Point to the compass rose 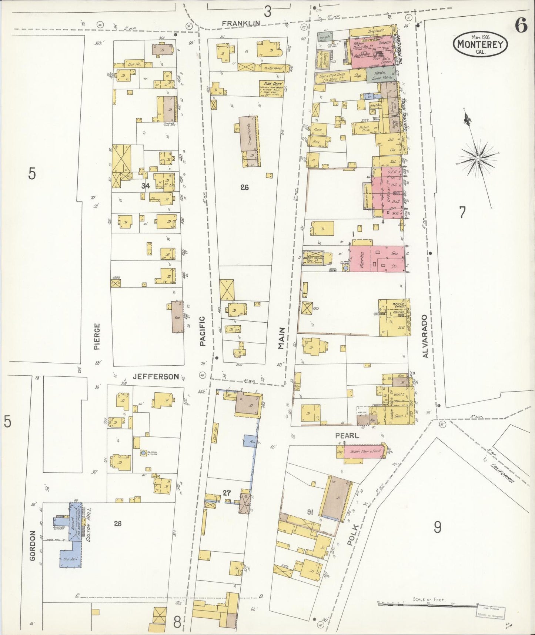click(477, 159)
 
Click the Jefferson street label click(156, 376)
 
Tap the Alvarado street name click(425, 336)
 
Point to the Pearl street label click(347, 436)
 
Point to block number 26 click(244, 187)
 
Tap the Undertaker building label click(273, 68)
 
